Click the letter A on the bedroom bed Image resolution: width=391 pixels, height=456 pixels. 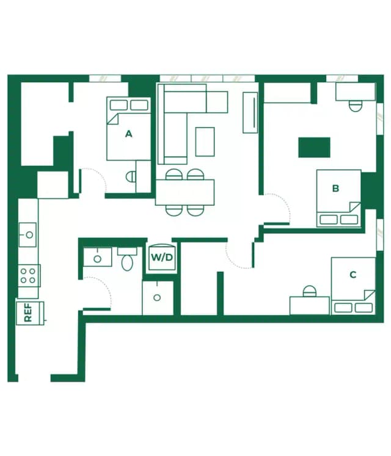tap(128, 134)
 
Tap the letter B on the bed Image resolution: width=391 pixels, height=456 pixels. tap(335, 189)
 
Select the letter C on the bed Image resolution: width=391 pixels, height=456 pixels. tap(353, 275)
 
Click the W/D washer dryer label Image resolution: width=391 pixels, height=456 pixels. tap(162, 258)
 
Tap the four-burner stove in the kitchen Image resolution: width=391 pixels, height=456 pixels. tap(28, 275)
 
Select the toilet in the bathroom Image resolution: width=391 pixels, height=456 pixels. tap(128, 261)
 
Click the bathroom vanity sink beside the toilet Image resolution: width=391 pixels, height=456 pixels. tap(97, 257)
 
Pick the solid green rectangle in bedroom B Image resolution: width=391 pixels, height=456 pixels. tap(314, 147)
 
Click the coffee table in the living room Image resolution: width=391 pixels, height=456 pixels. tap(205, 141)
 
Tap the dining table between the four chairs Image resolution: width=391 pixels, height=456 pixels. tap(185, 192)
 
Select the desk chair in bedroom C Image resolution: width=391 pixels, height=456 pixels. tap(310, 291)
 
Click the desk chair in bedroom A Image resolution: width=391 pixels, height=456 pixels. tap(130, 176)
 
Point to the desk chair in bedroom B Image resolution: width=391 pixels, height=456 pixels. tap(354, 105)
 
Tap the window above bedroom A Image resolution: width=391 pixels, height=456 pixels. tap(104, 78)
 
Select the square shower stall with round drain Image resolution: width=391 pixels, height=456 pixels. tap(158, 298)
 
